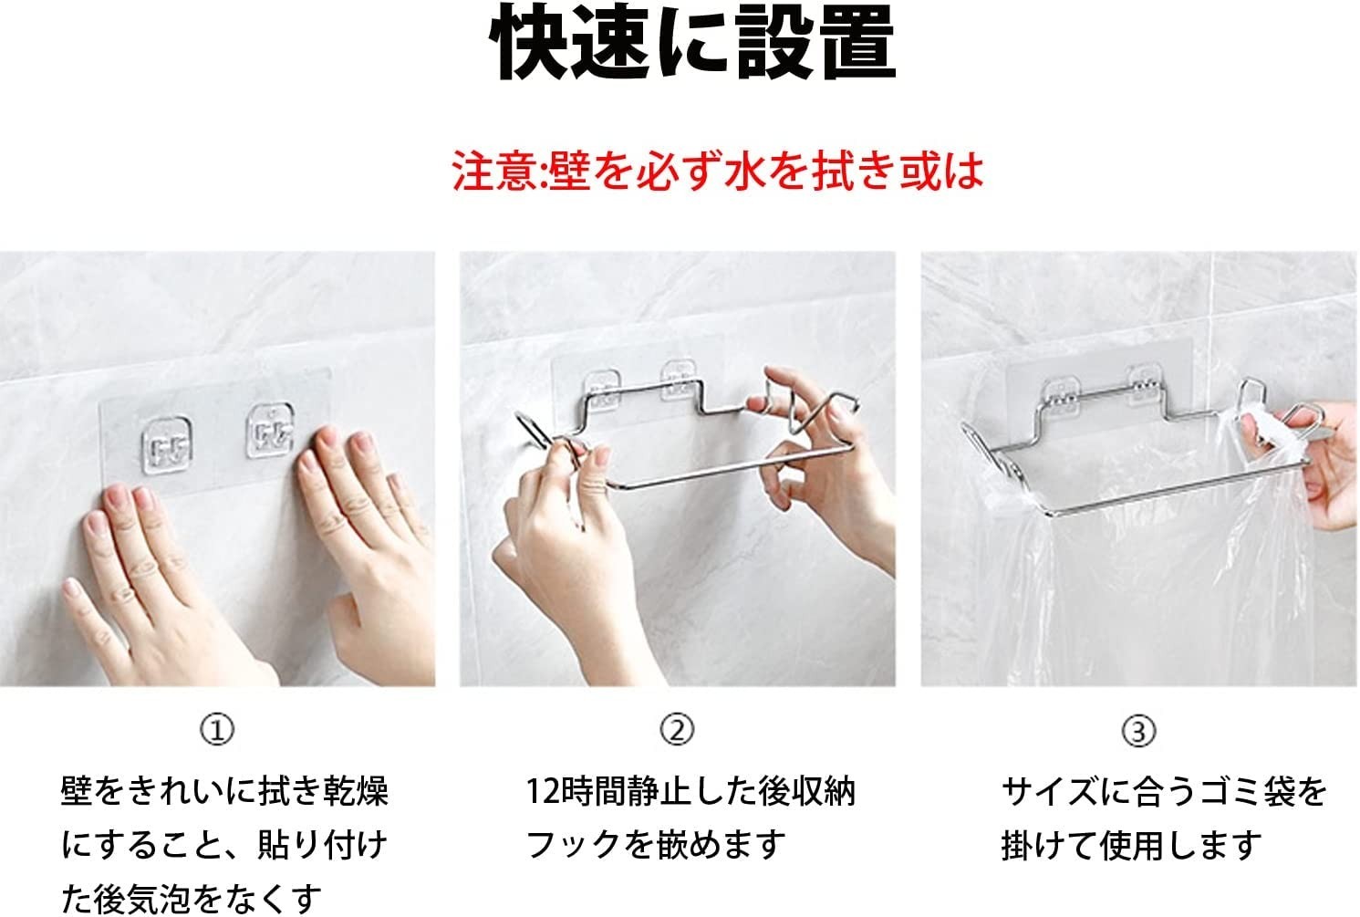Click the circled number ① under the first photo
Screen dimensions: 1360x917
pyautogui.click(x=217, y=729)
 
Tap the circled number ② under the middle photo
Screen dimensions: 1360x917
pyautogui.click(x=677, y=729)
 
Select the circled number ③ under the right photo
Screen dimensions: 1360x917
pyautogui.click(x=1138, y=731)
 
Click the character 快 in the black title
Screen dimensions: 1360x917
pyautogui.click(x=529, y=43)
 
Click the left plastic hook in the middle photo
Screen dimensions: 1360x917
pyautogui.click(x=601, y=390)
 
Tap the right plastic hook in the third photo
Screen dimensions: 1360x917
pyautogui.click(x=1144, y=385)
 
